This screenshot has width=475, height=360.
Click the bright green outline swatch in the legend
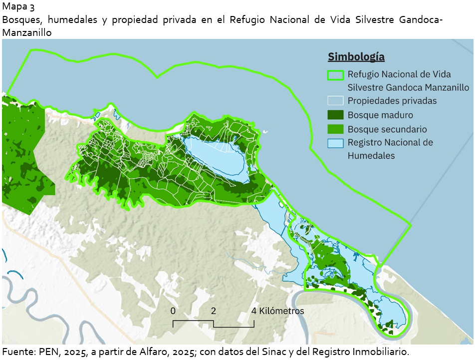(x=335, y=75)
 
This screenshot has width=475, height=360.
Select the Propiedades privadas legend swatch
(x=335, y=101)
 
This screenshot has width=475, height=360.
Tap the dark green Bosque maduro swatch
(x=335, y=115)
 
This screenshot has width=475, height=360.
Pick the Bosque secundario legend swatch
(x=335, y=129)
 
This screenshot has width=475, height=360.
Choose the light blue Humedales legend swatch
(x=335, y=143)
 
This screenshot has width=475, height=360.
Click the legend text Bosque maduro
(x=380, y=115)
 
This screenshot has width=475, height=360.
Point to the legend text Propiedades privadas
(x=392, y=101)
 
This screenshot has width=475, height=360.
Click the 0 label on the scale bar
(x=173, y=311)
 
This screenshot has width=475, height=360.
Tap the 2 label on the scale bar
(x=214, y=311)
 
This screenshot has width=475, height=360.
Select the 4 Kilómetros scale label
(x=277, y=311)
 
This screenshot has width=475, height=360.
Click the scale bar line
(x=214, y=324)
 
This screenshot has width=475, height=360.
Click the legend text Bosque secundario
(x=387, y=129)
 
